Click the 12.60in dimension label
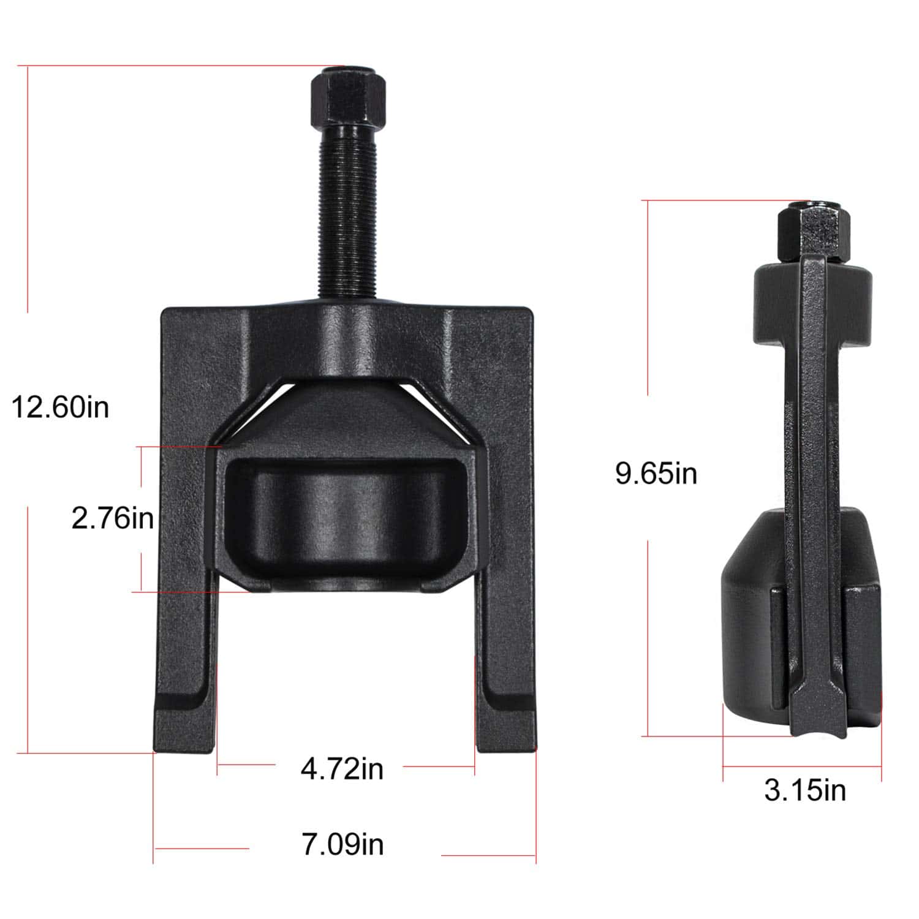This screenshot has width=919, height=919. click(x=61, y=407)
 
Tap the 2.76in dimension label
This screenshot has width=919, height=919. click(x=113, y=519)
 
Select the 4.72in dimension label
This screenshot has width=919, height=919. click(x=342, y=768)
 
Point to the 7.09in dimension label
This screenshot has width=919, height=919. click(x=342, y=844)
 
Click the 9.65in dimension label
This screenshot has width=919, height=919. click(x=656, y=474)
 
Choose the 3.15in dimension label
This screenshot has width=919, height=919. click(x=805, y=790)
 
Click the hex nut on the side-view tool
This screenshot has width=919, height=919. click(x=812, y=232)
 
